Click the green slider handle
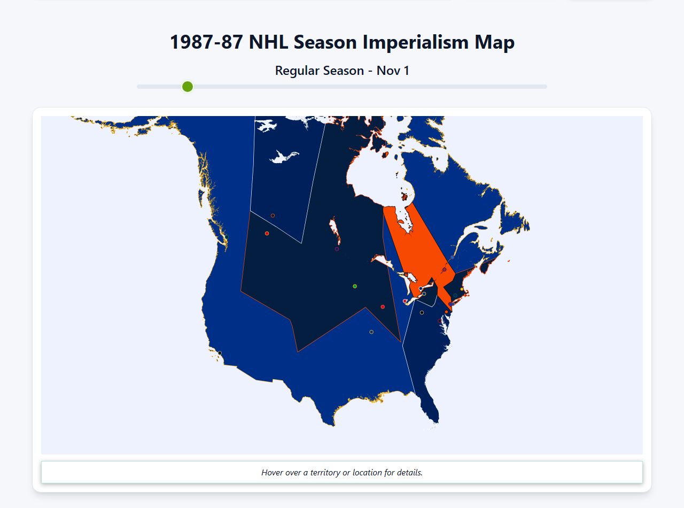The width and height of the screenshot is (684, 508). tap(187, 87)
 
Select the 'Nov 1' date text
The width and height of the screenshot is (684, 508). tap(393, 70)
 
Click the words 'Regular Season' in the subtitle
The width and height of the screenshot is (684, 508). tap(319, 70)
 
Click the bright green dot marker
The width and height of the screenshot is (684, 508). tap(355, 286)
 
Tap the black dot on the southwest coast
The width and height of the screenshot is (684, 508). tap(220, 353)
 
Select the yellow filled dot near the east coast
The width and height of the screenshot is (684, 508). tap(462, 289)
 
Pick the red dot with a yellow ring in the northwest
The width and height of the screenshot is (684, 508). tap(267, 233)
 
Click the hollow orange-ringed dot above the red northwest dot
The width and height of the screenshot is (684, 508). tap(273, 215)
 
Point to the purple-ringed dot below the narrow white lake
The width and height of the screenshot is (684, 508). tap(337, 249)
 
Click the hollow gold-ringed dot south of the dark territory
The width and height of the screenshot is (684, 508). tap(371, 332)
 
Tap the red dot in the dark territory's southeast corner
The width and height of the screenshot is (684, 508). tap(383, 307)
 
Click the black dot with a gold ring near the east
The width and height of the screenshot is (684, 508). tap(422, 312)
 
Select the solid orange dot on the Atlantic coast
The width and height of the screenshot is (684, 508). tap(447, 312)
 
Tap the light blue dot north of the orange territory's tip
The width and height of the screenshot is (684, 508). tap(452, 258)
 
